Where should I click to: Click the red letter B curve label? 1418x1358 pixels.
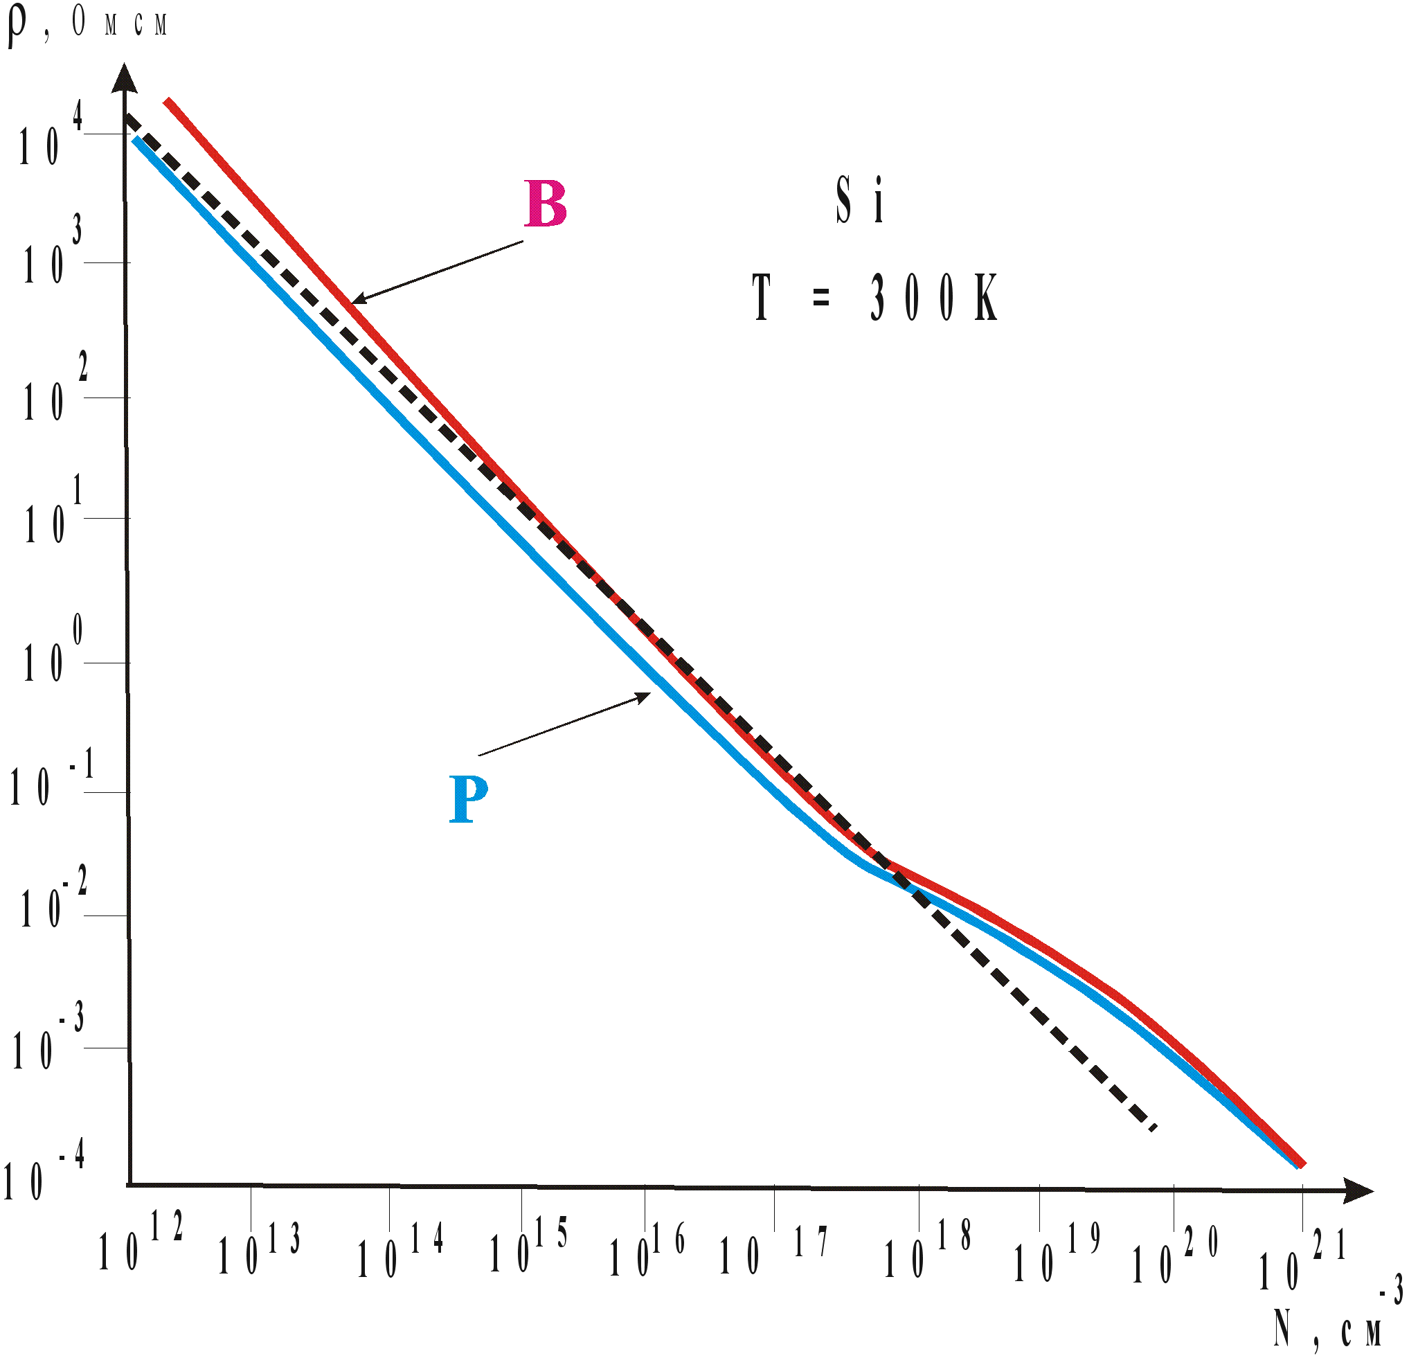point(546,204)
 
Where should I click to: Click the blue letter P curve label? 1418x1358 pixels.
point(469,798)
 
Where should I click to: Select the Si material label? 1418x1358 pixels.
point(859,199)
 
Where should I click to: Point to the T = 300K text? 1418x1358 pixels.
point(874,297)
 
